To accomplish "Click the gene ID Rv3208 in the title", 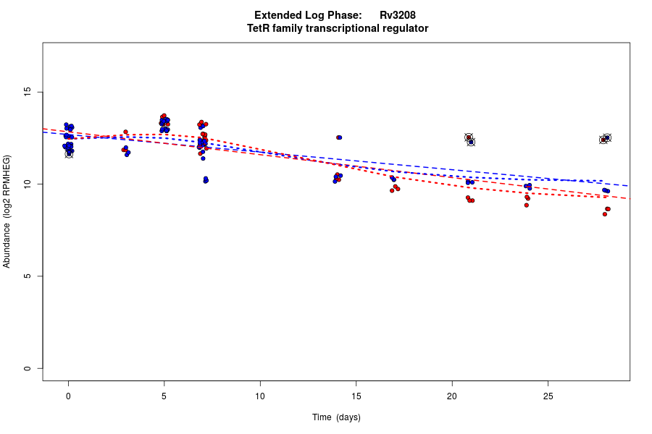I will click(398, 15).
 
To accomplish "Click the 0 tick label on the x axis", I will click(68, 396).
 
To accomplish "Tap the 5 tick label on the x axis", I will click(164, 396).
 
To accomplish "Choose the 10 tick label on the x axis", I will click(260, 396).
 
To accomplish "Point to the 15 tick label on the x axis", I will click(356, 396).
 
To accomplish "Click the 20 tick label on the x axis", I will click(452, 396).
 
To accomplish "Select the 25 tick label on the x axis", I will click(548, 396).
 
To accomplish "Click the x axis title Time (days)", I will click(336, 417).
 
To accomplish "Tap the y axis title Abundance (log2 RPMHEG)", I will click(7, 211).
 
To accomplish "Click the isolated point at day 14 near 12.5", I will click(338, 137).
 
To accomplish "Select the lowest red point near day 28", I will click(605, 214).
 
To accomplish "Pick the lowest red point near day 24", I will click(527, 205).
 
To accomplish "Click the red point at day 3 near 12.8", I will click(125, 132).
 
